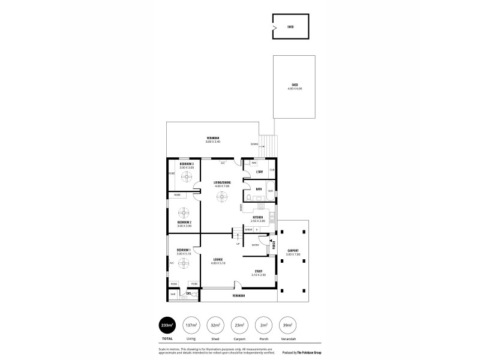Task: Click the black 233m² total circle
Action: point(167,325)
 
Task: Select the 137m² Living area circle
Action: point(191,325)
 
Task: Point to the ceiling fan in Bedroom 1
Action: point(184,262)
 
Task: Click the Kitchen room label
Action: point(257,217)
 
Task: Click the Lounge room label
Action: point(218,260)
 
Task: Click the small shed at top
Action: point(290,26)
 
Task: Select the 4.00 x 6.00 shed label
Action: point(295,87)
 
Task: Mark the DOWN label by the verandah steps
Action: point(255,144)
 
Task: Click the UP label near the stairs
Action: point(238,244)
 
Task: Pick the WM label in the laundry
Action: point(254,163)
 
